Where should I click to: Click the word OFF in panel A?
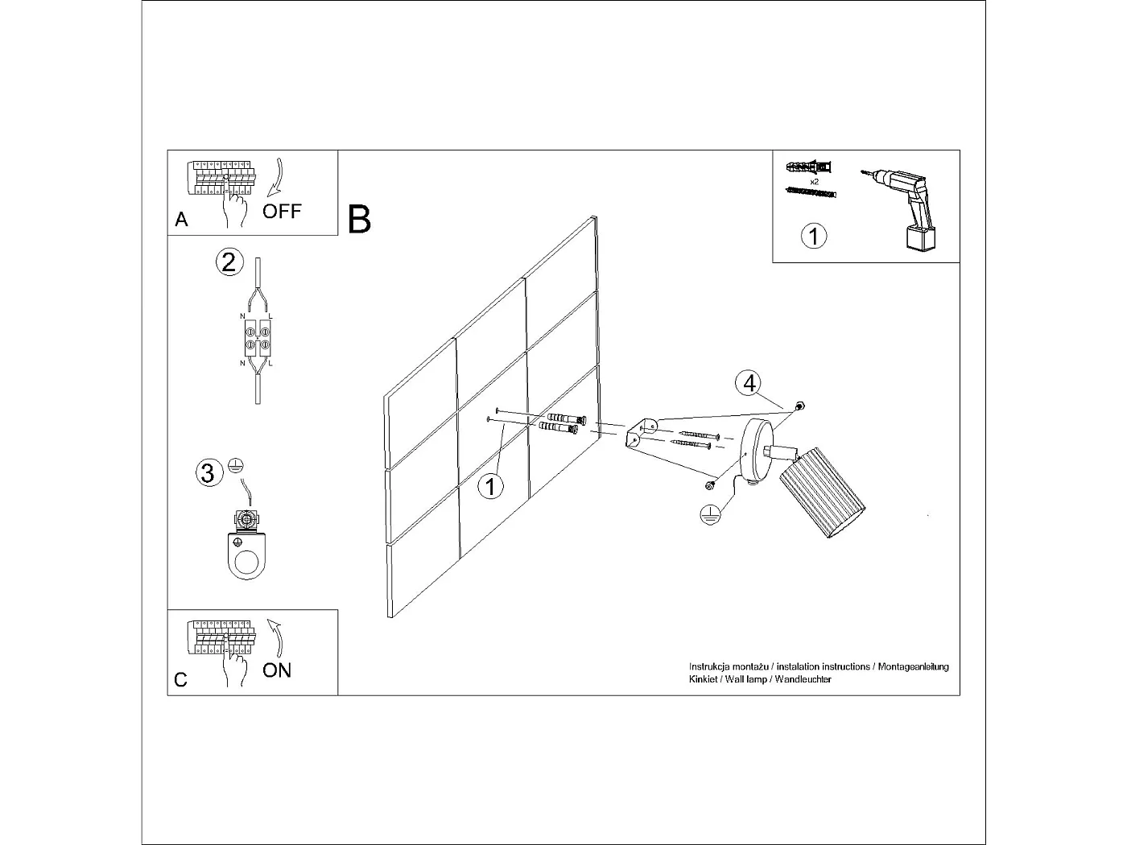282,212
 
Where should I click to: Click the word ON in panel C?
277,670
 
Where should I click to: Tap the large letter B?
359,220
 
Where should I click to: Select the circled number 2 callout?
229,262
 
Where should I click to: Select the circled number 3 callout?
208,472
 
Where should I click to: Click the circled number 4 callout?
749,384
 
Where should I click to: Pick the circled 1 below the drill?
814,237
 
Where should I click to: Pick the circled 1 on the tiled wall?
490,486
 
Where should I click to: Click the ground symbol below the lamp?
708,514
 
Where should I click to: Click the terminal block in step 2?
258,338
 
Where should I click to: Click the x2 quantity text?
814,183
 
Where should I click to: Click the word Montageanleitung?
913,667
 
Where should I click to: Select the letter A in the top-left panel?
182,220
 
